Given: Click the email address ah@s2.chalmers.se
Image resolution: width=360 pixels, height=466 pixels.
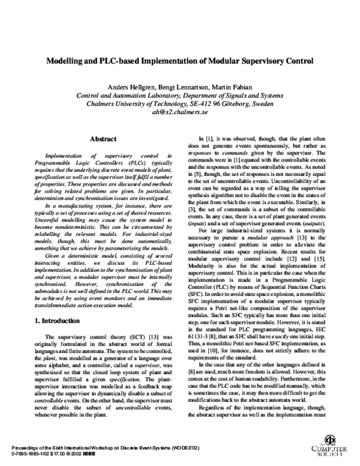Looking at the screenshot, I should [180, 111].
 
